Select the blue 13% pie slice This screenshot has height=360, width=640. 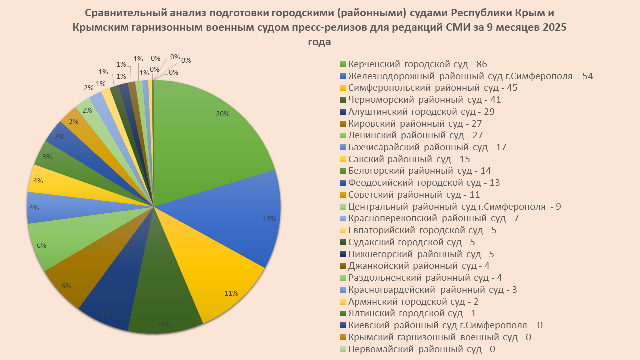pos(235,220)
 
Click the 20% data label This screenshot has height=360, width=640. pos(223,114)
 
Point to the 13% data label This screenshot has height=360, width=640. pos(270,218)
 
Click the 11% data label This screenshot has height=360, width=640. pos(231,294)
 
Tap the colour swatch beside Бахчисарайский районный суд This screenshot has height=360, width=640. pos(342,147)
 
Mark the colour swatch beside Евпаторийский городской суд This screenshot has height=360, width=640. pos(342,230)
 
